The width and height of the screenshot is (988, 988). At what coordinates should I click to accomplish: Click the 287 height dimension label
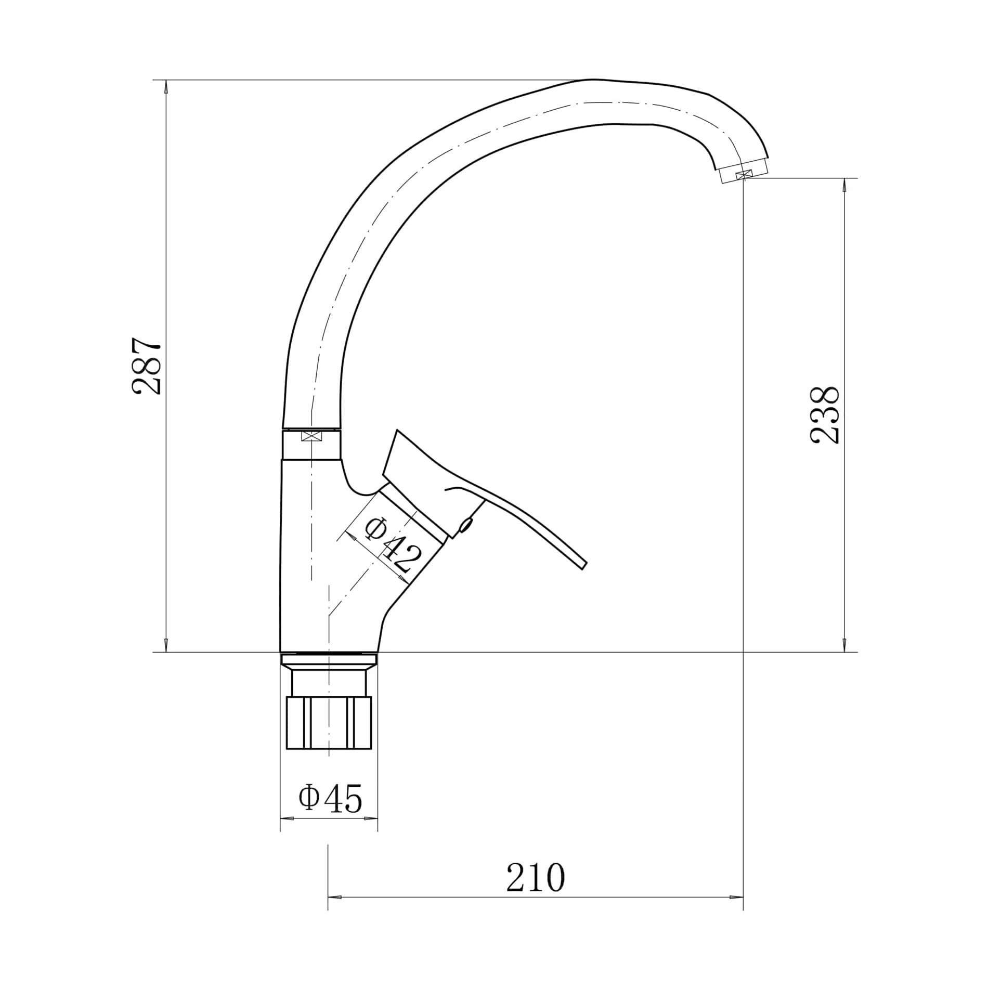(x=146, y=366)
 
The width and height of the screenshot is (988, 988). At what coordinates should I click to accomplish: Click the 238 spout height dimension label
(x=825, y=414)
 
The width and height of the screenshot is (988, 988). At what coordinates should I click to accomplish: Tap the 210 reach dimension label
(x=536, y=877)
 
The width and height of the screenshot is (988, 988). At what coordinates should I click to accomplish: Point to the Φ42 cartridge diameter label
(x=394, y=544)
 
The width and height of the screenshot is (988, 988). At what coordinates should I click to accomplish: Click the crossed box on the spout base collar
(x=311, y=436)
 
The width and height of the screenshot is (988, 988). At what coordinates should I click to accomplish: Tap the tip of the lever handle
(x=584, y=566)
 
